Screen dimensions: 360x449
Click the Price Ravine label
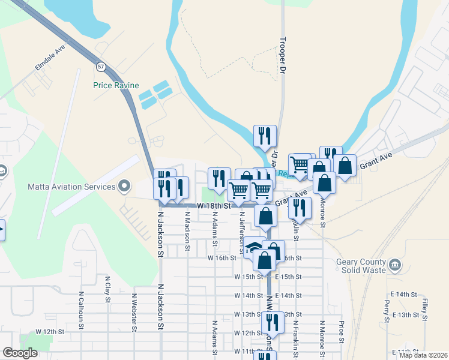115,85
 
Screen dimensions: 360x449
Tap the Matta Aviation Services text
71,187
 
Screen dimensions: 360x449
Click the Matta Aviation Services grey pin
125,186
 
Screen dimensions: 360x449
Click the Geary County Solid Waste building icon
394,265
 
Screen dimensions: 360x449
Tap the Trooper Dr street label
280,57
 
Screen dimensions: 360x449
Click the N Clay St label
107,287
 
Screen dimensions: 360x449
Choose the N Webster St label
134,311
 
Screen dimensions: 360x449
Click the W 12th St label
49,331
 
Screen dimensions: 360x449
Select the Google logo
20,353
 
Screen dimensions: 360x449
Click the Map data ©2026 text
423,355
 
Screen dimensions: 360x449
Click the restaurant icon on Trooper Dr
265,136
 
